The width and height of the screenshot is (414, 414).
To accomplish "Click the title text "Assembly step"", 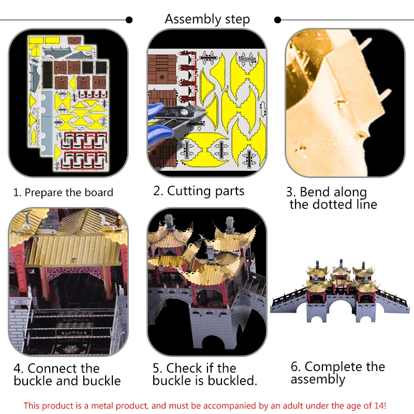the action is point(208,20).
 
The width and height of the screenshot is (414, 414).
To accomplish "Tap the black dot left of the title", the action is point(129,20).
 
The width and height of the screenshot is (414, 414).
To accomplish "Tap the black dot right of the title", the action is point(277,20).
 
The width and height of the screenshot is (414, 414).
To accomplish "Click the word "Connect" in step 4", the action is point(64,368).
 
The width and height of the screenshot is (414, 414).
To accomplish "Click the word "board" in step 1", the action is point(99,193).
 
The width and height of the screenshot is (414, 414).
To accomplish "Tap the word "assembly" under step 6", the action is point(318,380).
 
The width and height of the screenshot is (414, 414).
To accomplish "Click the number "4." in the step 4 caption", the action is point(19,368).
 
